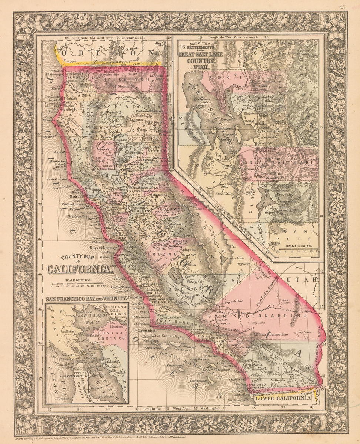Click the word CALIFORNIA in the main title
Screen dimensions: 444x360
point(79,269)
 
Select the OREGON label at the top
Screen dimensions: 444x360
point(107,53)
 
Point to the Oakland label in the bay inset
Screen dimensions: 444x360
point(108,362)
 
